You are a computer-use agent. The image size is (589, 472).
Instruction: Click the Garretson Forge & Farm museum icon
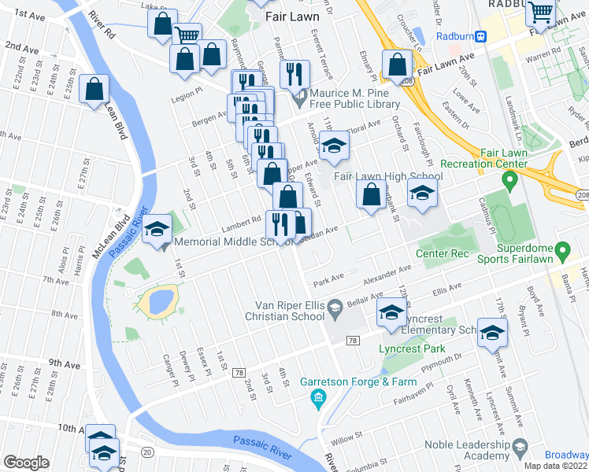(318, 397)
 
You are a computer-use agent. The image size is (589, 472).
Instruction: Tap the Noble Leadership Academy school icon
(520, 449)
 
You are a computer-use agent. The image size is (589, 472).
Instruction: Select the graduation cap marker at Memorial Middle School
(157, 230)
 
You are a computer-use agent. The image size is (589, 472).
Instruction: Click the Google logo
(26, 463)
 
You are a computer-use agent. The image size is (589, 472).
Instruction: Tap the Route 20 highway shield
(147, 451)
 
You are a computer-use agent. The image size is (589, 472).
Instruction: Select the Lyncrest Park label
(410, 348)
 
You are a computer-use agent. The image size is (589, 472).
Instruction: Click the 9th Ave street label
(65, 364)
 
